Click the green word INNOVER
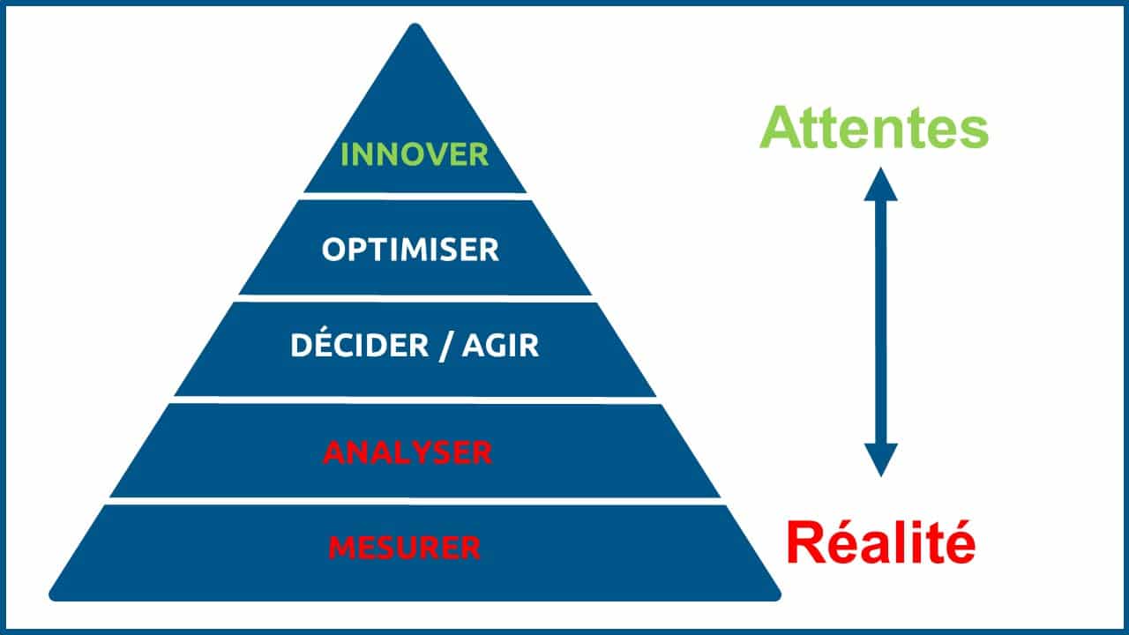tap(415, 154)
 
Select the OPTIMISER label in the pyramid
tap(410, 250)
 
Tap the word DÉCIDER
tap(359, 344)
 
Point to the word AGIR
tap(500, 346)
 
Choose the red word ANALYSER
tap(407, 452)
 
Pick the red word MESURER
tap(404, 548)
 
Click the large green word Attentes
tap(874, 128)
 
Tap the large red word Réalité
tap(881, 542)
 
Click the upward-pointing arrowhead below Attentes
tap(880, 184)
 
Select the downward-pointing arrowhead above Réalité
tap(880, 460)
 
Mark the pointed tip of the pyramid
tap(415, 24)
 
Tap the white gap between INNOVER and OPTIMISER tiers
tap(415, 197)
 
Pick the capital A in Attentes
tap(781, 127)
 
